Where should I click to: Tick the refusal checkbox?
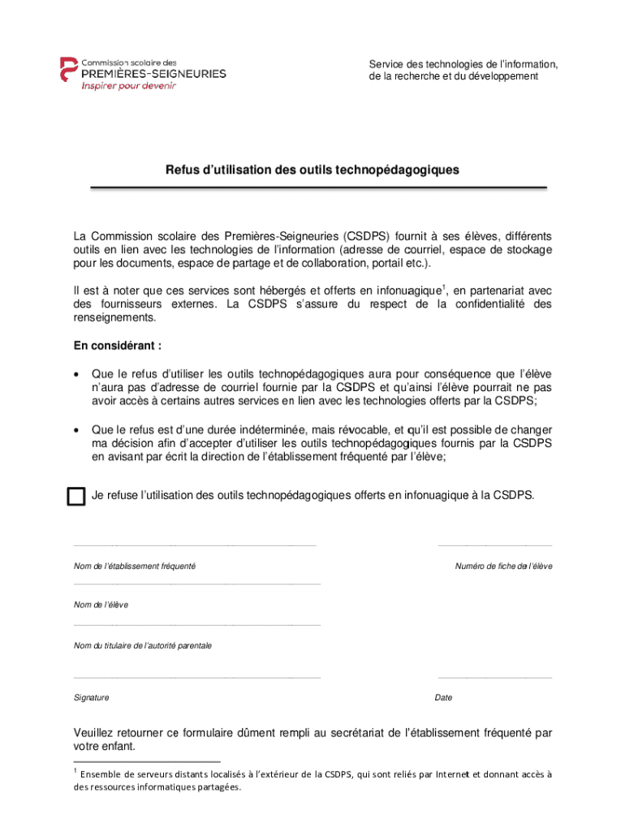point(75,497)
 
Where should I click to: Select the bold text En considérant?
point(118,346)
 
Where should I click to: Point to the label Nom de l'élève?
point(101,605)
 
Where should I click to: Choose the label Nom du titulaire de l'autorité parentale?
point(143,645)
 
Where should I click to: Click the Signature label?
point(92,697)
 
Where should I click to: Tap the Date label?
point(444,697)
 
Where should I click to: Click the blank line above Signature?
point(197,677)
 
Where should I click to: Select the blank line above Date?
point(494,677)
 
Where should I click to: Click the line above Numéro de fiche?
point(494,545)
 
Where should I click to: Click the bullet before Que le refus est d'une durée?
point(77,430)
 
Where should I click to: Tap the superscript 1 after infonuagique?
point(443,286)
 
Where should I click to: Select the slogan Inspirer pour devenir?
point(127,86)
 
